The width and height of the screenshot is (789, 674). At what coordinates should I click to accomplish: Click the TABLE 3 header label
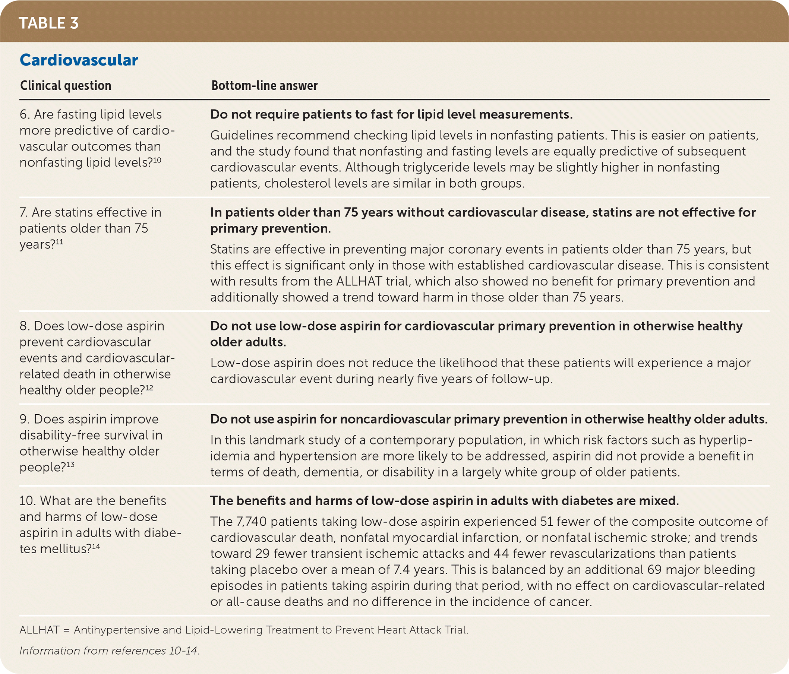(x=48, y=23)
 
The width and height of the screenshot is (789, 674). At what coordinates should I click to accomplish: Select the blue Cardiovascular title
(x=79, y=60)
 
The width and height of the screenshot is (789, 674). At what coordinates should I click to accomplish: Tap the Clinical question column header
(x=66, y=86)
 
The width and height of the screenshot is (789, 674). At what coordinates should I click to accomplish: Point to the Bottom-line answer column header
(x=264, y=86)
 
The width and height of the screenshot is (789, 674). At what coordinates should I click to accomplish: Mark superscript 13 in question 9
(x=70, y=464)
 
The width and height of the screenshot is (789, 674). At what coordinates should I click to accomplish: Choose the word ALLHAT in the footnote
(x=39, y=630)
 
